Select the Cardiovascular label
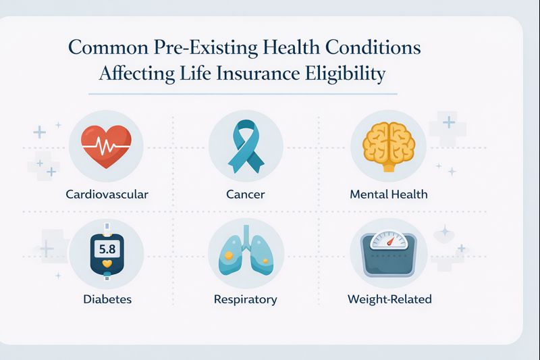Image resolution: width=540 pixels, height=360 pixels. point(107,195)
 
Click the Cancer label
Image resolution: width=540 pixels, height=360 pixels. point(246,195)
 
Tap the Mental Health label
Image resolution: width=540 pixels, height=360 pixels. point(389,195)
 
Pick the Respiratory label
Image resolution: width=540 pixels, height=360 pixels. point(245,299)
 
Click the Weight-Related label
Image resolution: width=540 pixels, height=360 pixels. point(389,299)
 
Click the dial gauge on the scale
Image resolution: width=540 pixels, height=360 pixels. point(389,240)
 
